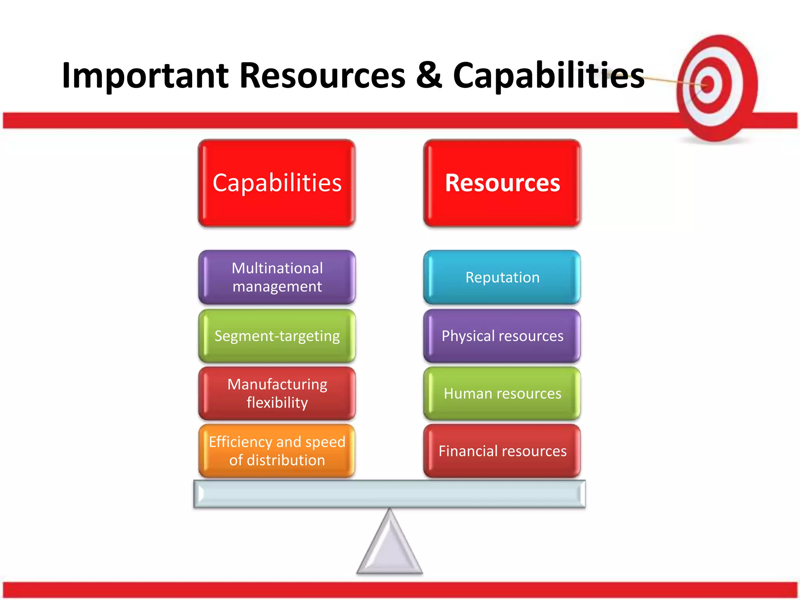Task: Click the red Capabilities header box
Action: click(277, 183)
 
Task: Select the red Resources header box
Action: click(502, 183)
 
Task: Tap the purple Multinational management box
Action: click(277, 277)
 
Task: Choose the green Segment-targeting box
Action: click(277, 336)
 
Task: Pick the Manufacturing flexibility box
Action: click(277, 393)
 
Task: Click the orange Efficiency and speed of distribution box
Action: click(277, 451)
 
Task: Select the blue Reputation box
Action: click(502, 277)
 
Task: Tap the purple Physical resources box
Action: click(502, 336)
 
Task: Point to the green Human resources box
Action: click(502, 393)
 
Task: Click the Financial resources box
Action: click(502, 451)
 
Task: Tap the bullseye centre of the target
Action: click(708, 84)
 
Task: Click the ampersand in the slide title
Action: click(429, 75)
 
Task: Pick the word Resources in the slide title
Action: click(322, 75)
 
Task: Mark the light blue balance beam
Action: click(389, 494)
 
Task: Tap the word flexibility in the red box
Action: click(277, 403)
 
